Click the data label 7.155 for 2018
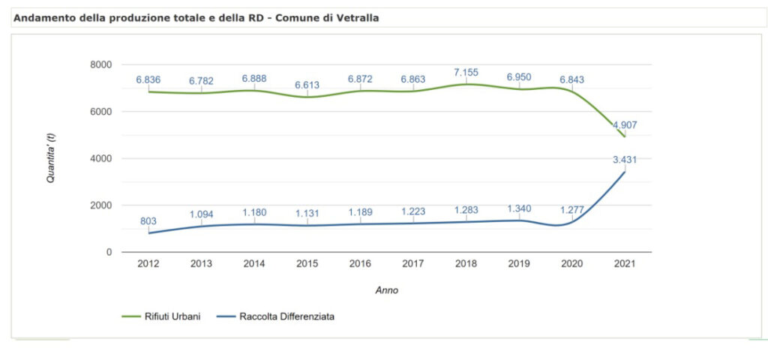point(466,72)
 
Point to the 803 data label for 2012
point(148,220)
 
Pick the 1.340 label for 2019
point(520,208)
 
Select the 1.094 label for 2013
point(201,214)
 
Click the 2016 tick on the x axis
point(360,264)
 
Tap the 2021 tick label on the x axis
point(625,264)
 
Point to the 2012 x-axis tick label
point(148,264)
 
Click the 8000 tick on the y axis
point(101,65)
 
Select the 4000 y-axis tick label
point(101,159)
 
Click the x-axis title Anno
point(386,290)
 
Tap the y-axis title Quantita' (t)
point(52,158)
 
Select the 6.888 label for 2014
point(254,78)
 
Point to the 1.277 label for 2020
point(572,209)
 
